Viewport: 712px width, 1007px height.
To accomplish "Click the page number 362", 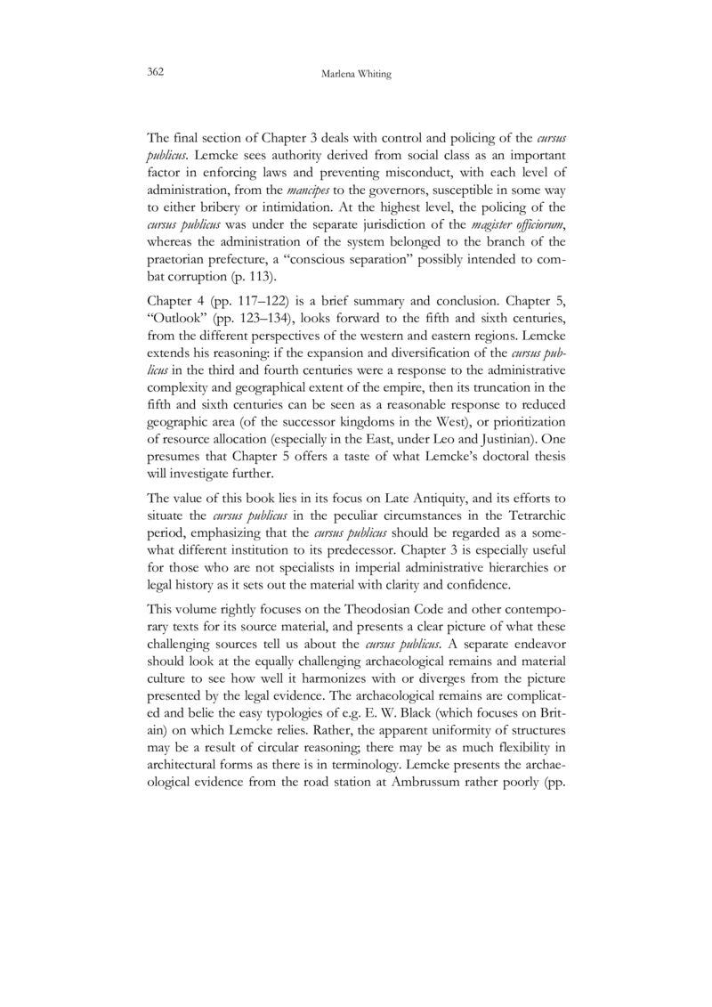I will (x=156, y=70).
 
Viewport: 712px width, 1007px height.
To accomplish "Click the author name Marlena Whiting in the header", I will (x=355, y=72).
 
